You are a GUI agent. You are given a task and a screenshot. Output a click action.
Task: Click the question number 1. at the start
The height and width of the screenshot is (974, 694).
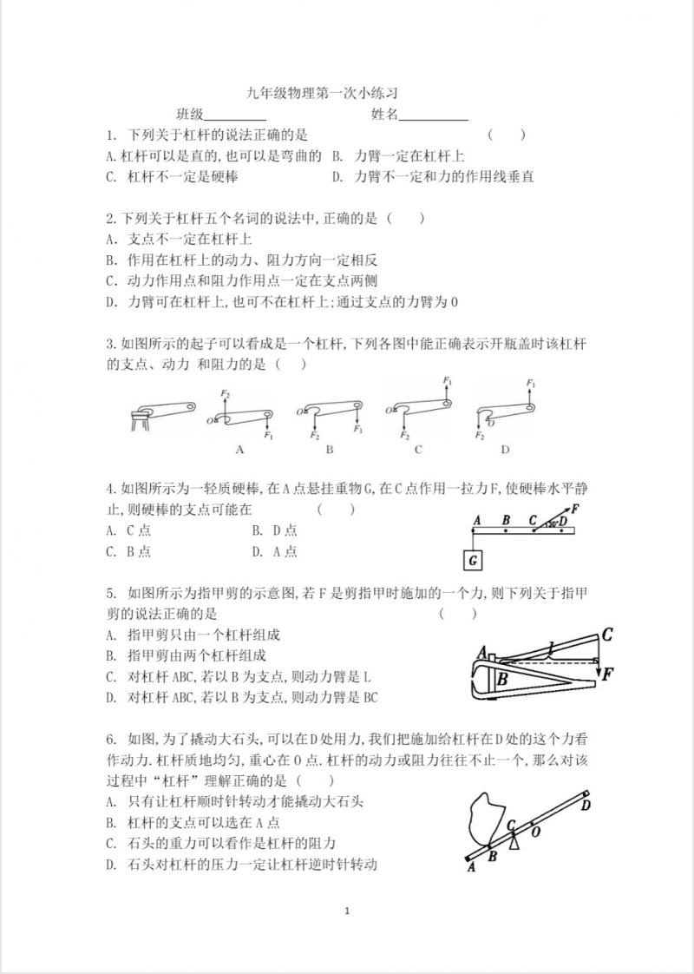coord(111,135)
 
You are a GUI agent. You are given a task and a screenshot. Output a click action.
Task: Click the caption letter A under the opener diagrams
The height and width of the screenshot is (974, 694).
coord(239,450)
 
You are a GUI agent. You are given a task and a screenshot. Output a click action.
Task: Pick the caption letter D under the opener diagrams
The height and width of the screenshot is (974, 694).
coord(505,450)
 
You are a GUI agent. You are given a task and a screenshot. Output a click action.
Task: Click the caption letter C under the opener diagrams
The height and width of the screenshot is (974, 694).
coord(418,450)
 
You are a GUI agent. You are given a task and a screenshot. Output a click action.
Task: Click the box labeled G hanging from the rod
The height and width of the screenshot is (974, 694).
coord(474,561)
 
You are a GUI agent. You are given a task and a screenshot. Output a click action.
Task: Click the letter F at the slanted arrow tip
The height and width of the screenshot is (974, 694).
coord(575,508)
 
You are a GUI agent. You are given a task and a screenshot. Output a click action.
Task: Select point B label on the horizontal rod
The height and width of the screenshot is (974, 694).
coord(506,520)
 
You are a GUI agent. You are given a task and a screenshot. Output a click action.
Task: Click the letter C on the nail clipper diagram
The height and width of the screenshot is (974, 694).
coord(607,635)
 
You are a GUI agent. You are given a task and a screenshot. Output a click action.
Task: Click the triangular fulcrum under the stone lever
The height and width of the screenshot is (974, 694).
coord(514,840)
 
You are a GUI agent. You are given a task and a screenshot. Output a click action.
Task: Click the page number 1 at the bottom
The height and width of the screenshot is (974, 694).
coord(347,911)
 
